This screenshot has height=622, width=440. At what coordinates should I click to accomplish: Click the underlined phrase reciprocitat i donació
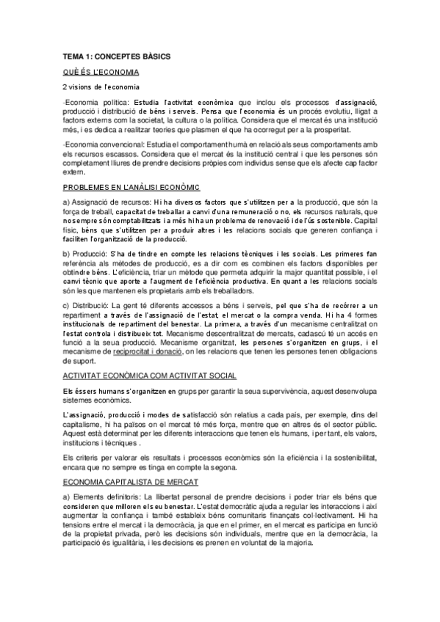pyautogui.click(x=148, y=352)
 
